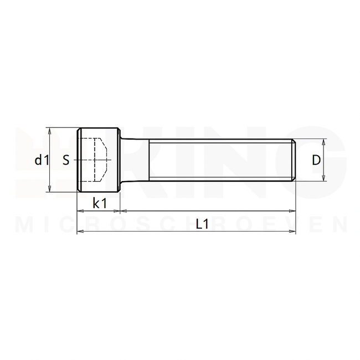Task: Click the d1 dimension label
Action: pos(42,161)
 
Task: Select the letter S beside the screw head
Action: pos(66,161)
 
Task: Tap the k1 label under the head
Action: pos(99,203)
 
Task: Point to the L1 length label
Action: pos(202,224)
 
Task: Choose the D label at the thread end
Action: pos(316,161)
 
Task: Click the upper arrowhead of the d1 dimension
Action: pos(50,131)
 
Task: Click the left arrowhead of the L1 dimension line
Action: pos(80,230)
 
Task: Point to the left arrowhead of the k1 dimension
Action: pos(80,211)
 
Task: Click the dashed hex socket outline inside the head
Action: pos(100,160)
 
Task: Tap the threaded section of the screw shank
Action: pos(222,160)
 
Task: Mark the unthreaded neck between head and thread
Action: pos(135,160)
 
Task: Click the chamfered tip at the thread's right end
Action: pos(294,160)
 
